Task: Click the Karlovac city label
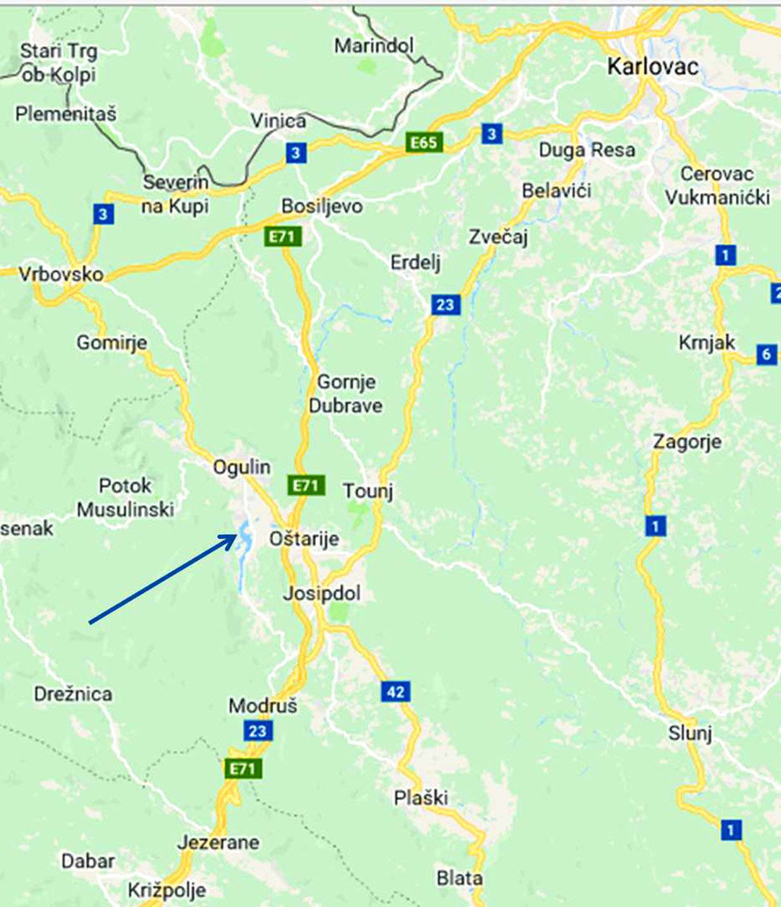pos(652,66)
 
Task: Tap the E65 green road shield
pos(424,142)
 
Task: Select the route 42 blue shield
pos(395,691)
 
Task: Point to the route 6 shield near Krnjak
pos(766,354)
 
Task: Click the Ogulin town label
pos(241,467)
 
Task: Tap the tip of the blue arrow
pos(236,536)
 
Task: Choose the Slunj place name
pos(690,733)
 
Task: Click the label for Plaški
pos(421,798)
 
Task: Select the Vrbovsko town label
pos(61,274)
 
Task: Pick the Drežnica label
pos(73,694)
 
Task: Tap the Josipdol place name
pos(322,593)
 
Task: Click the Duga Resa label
pos(587,150)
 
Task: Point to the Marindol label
pos(374,46)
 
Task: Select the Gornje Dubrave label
pos(346,394)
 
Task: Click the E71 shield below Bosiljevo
pos(282,237)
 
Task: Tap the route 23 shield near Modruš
pos(258,731)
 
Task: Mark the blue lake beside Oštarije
pos(244,538)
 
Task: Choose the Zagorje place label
pos(687,441)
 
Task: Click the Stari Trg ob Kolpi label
pos(58,63)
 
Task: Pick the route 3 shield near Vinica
pos(296,153)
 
